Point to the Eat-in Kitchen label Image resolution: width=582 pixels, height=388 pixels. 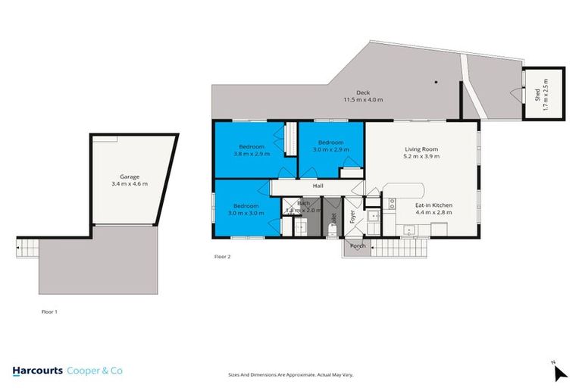coord(432,205)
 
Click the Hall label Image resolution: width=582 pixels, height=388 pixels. coord(319,186)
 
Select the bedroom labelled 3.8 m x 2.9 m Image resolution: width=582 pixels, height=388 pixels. coord(252,150)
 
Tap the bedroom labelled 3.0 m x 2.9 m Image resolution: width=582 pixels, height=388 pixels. coord(330,146)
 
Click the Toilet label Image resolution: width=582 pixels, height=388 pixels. coord(333,219)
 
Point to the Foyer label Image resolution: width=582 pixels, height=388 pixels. coord(352,217)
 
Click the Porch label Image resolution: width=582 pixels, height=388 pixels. coord(357,246)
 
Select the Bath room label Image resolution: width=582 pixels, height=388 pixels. coord(303,203)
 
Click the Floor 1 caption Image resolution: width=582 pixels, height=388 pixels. coord(49,311)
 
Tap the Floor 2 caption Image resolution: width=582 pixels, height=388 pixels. coord(222,257)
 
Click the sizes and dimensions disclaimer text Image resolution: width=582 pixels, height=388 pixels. coord(290,374)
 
